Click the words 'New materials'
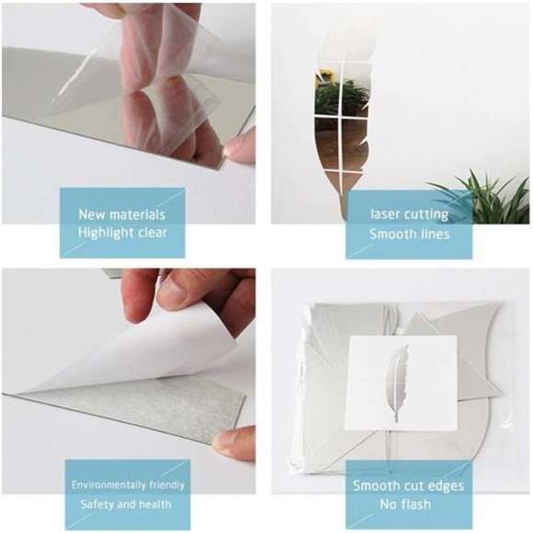pyautogui.click(x=122, y=214)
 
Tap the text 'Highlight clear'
pyautogui.click(x=122, y=232)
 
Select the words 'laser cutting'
pyautogui.click(x=409, y=214)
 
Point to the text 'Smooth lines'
pyautogui.click(x=409, y=233)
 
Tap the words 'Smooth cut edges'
pyautogui.click(x=408, y=485)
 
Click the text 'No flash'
pyautogui.click(x=408, y=505)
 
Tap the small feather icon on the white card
pyautogui.click(x=399, y=381)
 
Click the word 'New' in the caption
pyautogui.click(x=92, y=214)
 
